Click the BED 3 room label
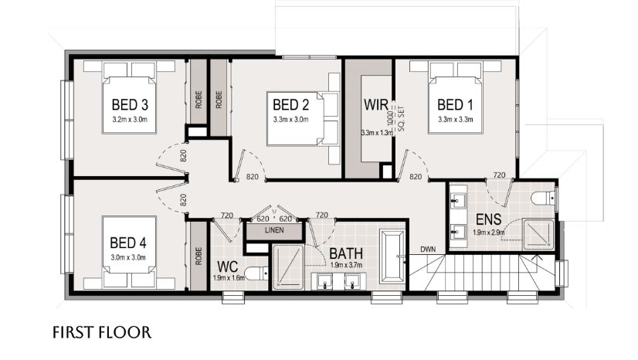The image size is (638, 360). pyautogui.click(x=130, y=104)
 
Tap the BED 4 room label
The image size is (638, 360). pyautogui.click(x=128, y=243)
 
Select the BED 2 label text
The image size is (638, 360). pyautogui.click(x=291, y=104)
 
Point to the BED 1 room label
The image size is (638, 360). pyautogui.click(x=455, y=104)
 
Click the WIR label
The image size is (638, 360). pyautogui.click(x=376, y=104)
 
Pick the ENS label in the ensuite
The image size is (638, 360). pyautogui.click(x=488, y=219)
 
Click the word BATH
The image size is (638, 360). pyautogui.click(x=346, y=253)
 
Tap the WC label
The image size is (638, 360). pyautogui.click(x=227, y=267)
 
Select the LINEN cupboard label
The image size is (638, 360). pyautogui.click(x=274, y=230)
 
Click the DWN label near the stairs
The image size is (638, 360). pyautogui.click(x=428, y=249)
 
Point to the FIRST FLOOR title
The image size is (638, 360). pyautogui.click(x=102, y=332)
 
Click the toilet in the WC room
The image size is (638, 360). pyautogui.click(x=256, y=273)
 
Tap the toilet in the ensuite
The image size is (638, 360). pyautogui.click(x=543, y=198)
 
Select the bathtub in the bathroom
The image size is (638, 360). pyautogui.click(x=392, y=256)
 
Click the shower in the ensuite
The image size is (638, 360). pyautogui.click(x=538, y=234)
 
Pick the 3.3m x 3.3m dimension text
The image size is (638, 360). pyautogui.click(x=455, y=120)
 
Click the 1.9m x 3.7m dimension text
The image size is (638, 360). pyautogui.click(x=346, y=265)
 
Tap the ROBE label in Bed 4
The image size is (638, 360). pyautogui.click(x=199, y=256)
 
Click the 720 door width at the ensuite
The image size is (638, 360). pyautogui.click(x=499, y=175)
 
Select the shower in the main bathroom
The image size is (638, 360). pyautogui.click(x=288, y=267)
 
